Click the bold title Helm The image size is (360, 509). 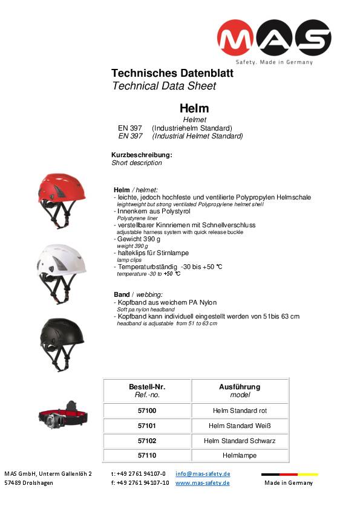(x=194, y=109)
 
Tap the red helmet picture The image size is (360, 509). (x=62, y=201)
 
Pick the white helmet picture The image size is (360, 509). (x=61, y=273)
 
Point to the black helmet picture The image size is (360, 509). (x=61, y=343)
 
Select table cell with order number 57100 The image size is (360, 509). (x=147, y=411)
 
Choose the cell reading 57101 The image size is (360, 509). (x=147, y=426)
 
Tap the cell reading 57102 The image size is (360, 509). (x=147, y=441)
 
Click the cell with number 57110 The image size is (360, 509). (x=147, y=455)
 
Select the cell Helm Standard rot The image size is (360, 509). (x=240, y=411)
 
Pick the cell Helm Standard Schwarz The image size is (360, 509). (x=240, y=441)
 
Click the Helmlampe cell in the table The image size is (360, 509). (x=240, y=455)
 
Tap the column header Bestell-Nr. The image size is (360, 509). (x=147, y=387)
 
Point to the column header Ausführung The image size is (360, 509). (x=240, y=387)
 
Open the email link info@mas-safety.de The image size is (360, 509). (x=203, y=474)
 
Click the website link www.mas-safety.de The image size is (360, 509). (x=203, y=483)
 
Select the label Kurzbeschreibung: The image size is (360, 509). (x=142, y=155)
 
